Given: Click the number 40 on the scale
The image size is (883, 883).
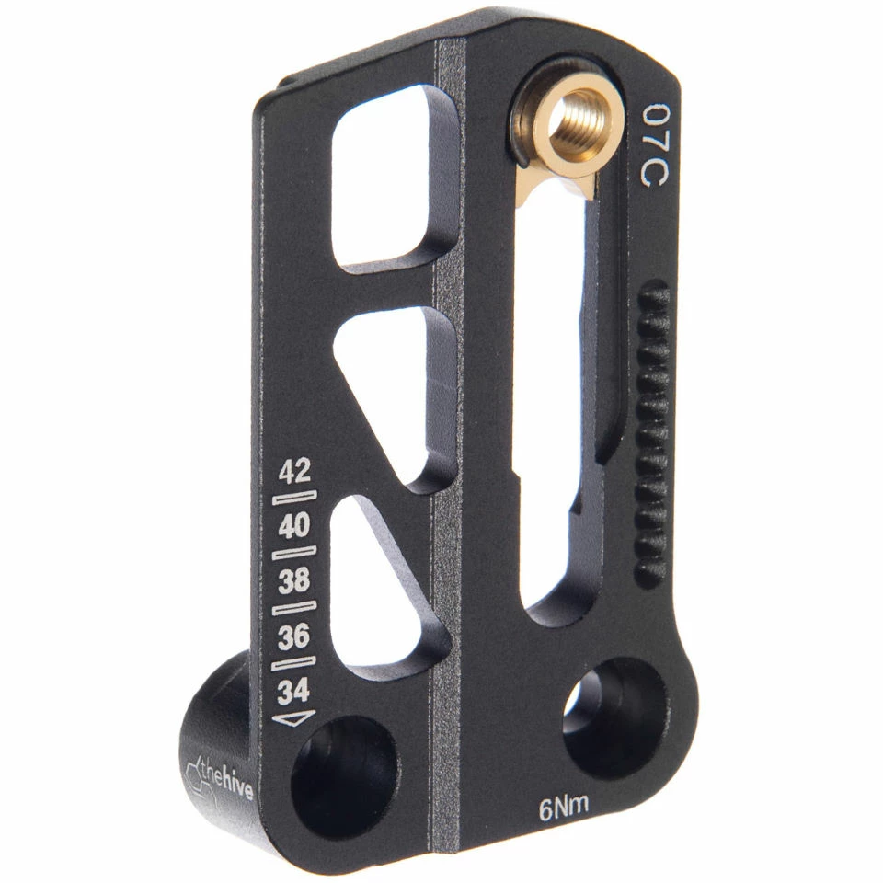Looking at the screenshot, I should [294, 527].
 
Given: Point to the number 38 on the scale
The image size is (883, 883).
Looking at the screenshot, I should [294, 581].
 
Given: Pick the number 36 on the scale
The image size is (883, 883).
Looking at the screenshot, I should [294, 636].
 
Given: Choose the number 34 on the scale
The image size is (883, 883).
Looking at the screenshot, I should [294, 690].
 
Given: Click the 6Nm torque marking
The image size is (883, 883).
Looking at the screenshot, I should [563, 808].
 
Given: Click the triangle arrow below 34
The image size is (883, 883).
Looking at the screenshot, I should [295, 718].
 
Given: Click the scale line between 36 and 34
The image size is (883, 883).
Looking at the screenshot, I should [295, 663].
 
